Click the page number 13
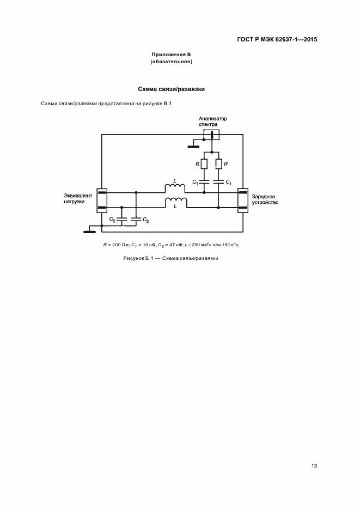314,465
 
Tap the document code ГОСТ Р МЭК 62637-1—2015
278,39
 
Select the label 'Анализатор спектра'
212,121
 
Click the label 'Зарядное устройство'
265,198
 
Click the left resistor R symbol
204,163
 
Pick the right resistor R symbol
218,163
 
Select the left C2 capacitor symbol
121,219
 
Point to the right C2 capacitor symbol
136,219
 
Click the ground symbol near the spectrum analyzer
193,146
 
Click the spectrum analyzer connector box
211,134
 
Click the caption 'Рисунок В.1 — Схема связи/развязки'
170,258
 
